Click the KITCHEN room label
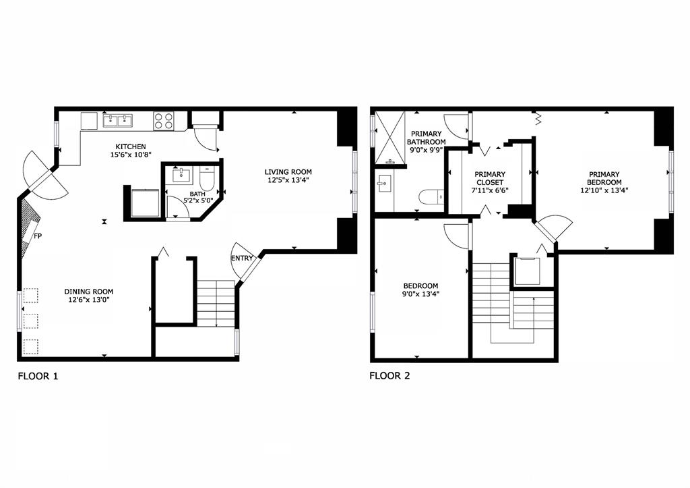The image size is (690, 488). click(130, 146)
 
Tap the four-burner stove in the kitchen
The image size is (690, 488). click(163, 121)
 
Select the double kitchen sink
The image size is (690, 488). click(118, 121)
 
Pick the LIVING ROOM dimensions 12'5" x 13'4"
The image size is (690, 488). click(288, 180)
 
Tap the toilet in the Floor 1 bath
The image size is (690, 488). click(207, 180)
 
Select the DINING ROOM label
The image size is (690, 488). click(87, 291)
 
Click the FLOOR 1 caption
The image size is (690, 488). click(38, 376)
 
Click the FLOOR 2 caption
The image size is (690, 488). click(389, 376)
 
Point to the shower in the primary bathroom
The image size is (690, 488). click(387, 138)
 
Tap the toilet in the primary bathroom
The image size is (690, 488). click(430, 196)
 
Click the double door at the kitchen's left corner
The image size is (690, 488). click(43, 175)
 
